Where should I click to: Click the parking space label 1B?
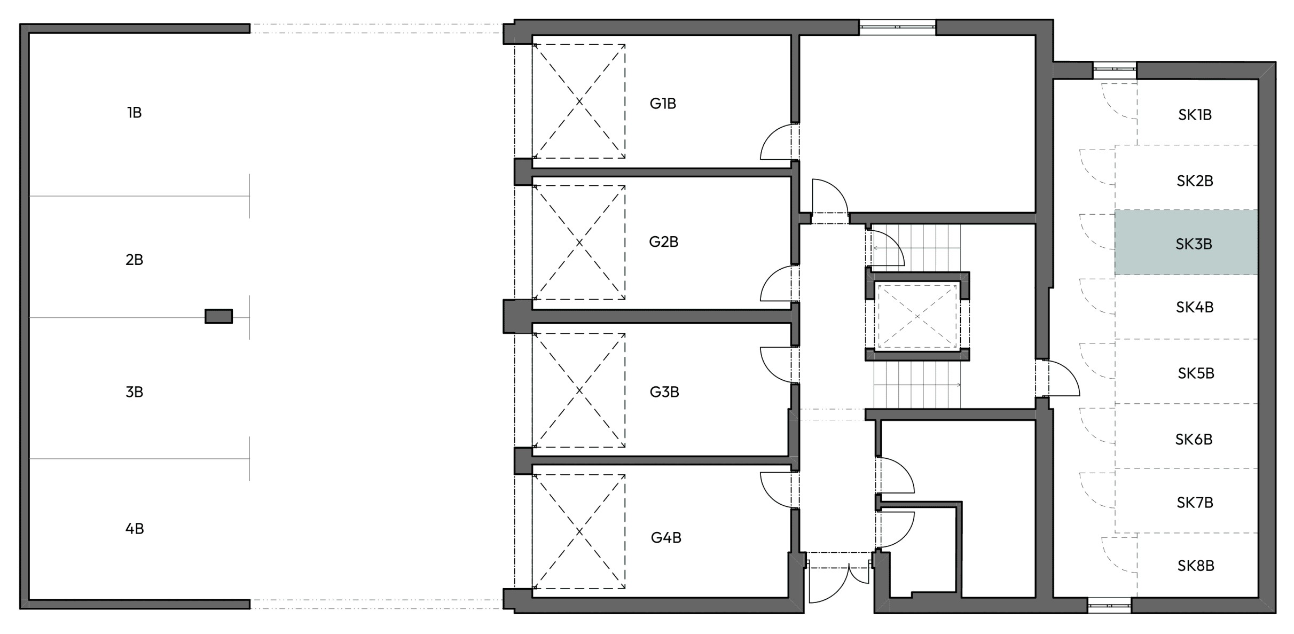pyautogui.click(x=134, y=113)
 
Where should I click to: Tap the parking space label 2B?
pyautogui.click(x=134, y=260)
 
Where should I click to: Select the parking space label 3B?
pyautogui.click(x=134, y=392)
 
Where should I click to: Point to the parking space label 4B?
pyautogui.click(x=134, y=529)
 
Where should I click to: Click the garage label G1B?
pyautogui.click(x=663, y=104)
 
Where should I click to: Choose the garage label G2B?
pyautogui.click(x=664, y=242)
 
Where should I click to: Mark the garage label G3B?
pyautogui.click(x=664, y=392)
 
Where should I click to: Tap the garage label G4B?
pyautogui.click(x=666, y=538)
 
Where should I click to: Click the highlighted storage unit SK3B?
pyautogui.click(x=1186, y=242)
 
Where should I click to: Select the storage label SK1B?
pyautogui.click(x=1195, y=115)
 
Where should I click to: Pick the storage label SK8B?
pyautogui.click(x=1196, y=566)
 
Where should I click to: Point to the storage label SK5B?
pyautogui.click(x=1196, y=373)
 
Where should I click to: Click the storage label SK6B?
pyautogui.click(x=1194, y=439)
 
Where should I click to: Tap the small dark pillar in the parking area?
pyautogui.click(x=219, y=316)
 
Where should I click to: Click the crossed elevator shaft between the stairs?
pyautogui.click(x=917, y=316)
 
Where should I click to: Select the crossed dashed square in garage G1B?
pyautogui.click(x=579, y=101)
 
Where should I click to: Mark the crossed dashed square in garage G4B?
pyautogui.click(x=579, y=531)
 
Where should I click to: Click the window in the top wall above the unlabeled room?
pyautogui.click(x=897, y=27)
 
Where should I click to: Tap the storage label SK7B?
pyautogui.click(x=1195, y=503)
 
